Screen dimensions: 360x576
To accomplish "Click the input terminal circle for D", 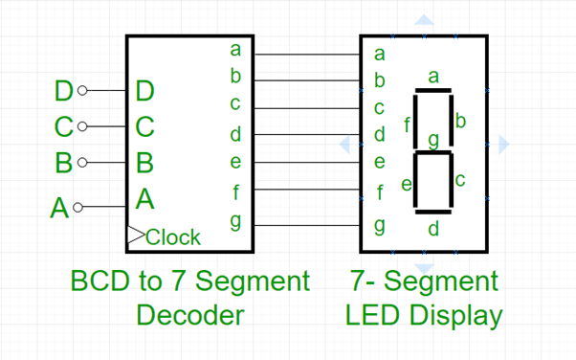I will click(x=81, y=91).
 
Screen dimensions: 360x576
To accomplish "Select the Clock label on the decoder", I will click(x=173, y=236).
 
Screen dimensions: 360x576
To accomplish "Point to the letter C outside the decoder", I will click(x=63, y=126).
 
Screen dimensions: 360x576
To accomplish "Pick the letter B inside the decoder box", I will click(x=144, y=162).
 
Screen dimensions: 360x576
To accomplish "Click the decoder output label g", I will click(x=235, y=221).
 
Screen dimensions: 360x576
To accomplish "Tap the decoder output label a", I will click(x=235, y=49).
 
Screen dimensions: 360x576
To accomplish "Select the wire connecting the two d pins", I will click(x=306, y=135).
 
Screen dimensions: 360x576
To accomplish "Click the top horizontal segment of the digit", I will click(x=432, y=92).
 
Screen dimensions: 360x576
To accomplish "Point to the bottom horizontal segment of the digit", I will click(x=432, y=210).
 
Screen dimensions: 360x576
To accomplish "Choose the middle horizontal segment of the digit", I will click(x=432, y=151).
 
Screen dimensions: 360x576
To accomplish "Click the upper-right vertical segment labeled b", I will click(x=451, y=122).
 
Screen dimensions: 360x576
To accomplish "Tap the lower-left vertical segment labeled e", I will click(x=415, y=181).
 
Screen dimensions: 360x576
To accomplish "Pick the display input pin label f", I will click(x=380, y=192).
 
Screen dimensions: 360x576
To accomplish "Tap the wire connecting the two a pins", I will click(x=306, y=54).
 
